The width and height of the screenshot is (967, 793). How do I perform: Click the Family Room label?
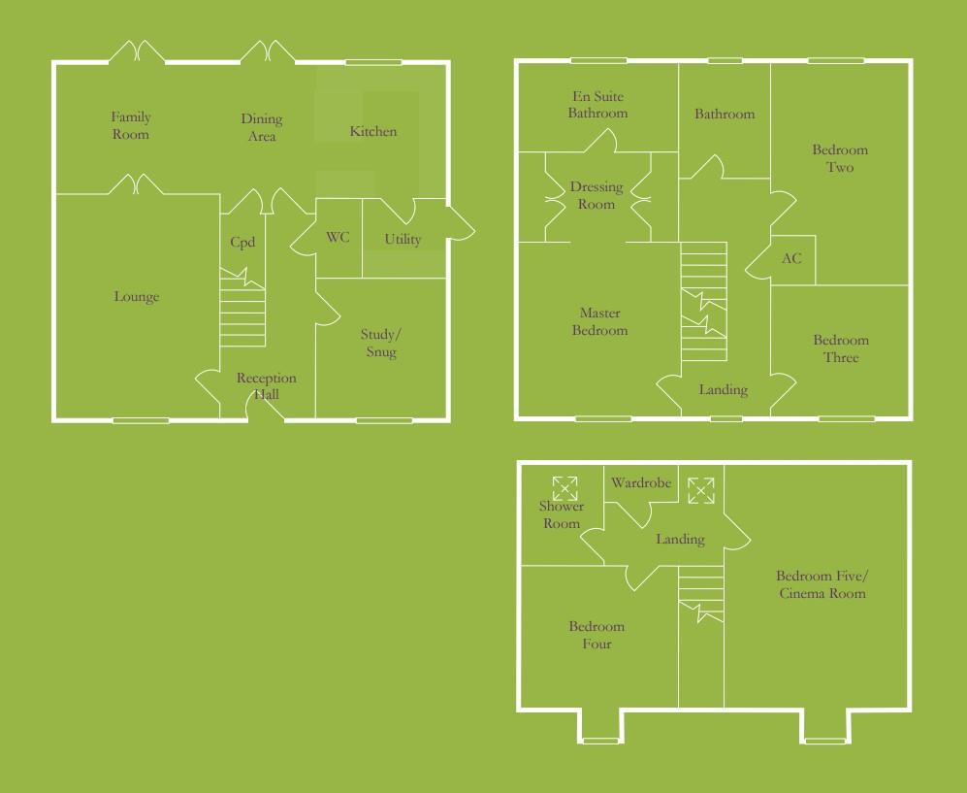[130, 126]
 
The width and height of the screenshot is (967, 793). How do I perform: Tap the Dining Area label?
[261, 127]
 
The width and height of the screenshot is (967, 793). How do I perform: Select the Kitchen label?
[373, 131]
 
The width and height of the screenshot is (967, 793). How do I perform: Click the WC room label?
[338, 238]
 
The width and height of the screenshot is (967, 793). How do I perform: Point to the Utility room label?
[403, 240]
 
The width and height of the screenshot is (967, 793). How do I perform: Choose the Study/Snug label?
[380, 344]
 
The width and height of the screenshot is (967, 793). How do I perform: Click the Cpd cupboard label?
[242, 243]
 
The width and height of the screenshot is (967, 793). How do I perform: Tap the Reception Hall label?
[266, 386]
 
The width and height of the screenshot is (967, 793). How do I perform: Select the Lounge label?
[136, 297]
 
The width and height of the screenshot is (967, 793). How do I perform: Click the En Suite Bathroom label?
[597, 105]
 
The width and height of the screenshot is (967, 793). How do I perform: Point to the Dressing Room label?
[596, 195]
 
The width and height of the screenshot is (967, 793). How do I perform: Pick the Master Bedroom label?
[599, 321]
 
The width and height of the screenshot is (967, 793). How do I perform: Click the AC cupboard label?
[791, 259]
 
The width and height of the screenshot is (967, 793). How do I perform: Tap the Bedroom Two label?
[840, 158]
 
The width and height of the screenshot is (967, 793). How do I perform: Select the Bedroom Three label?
[841, 348]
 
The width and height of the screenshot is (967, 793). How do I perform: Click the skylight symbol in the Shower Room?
[564, 487]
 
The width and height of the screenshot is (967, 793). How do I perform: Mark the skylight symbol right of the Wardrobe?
[700, 490]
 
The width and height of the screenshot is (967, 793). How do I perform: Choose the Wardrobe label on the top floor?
[641, 483]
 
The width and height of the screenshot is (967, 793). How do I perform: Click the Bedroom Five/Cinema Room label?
[822, 583]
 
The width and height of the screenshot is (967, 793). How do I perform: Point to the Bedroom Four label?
[596, 635]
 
